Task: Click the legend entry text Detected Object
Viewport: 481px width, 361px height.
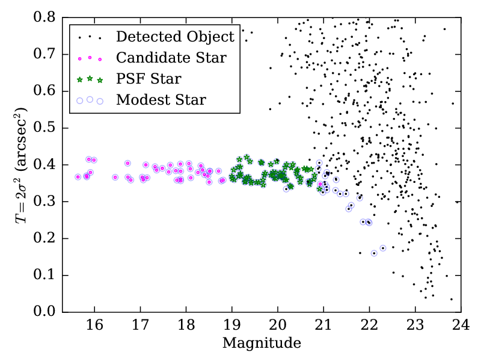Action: pos(175,37)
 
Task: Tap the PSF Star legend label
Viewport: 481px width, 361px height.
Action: pos(149,79)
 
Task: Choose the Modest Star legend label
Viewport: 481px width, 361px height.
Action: pos(161,100)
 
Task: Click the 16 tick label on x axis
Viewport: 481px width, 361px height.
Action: pos(94,326)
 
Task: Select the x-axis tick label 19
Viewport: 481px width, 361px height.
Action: pos(231,326)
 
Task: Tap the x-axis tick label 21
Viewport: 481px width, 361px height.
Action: pos(323,326)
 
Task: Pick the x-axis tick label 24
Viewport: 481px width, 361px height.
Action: pos(461,326)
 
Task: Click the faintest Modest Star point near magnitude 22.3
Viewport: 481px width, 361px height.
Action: pos(383,248)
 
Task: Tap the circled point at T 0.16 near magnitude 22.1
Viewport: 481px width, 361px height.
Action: pos(374,253)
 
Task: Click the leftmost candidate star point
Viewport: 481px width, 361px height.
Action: pos(78,177)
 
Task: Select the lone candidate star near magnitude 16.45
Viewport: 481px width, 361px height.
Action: pos(115,177)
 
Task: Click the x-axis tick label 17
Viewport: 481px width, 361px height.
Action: pos(140,326)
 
